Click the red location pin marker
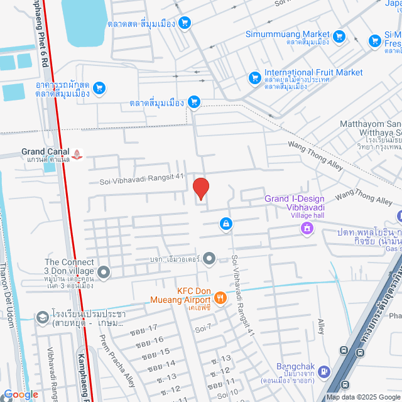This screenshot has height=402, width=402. [200, 188]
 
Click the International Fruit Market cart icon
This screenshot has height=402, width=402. [255, 77]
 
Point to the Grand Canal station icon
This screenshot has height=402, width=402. [77, 153]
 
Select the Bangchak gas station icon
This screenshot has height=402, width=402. [323, 371]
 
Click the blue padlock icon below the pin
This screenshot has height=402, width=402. [225, 224]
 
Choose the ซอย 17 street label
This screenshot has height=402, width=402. [146, 329]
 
